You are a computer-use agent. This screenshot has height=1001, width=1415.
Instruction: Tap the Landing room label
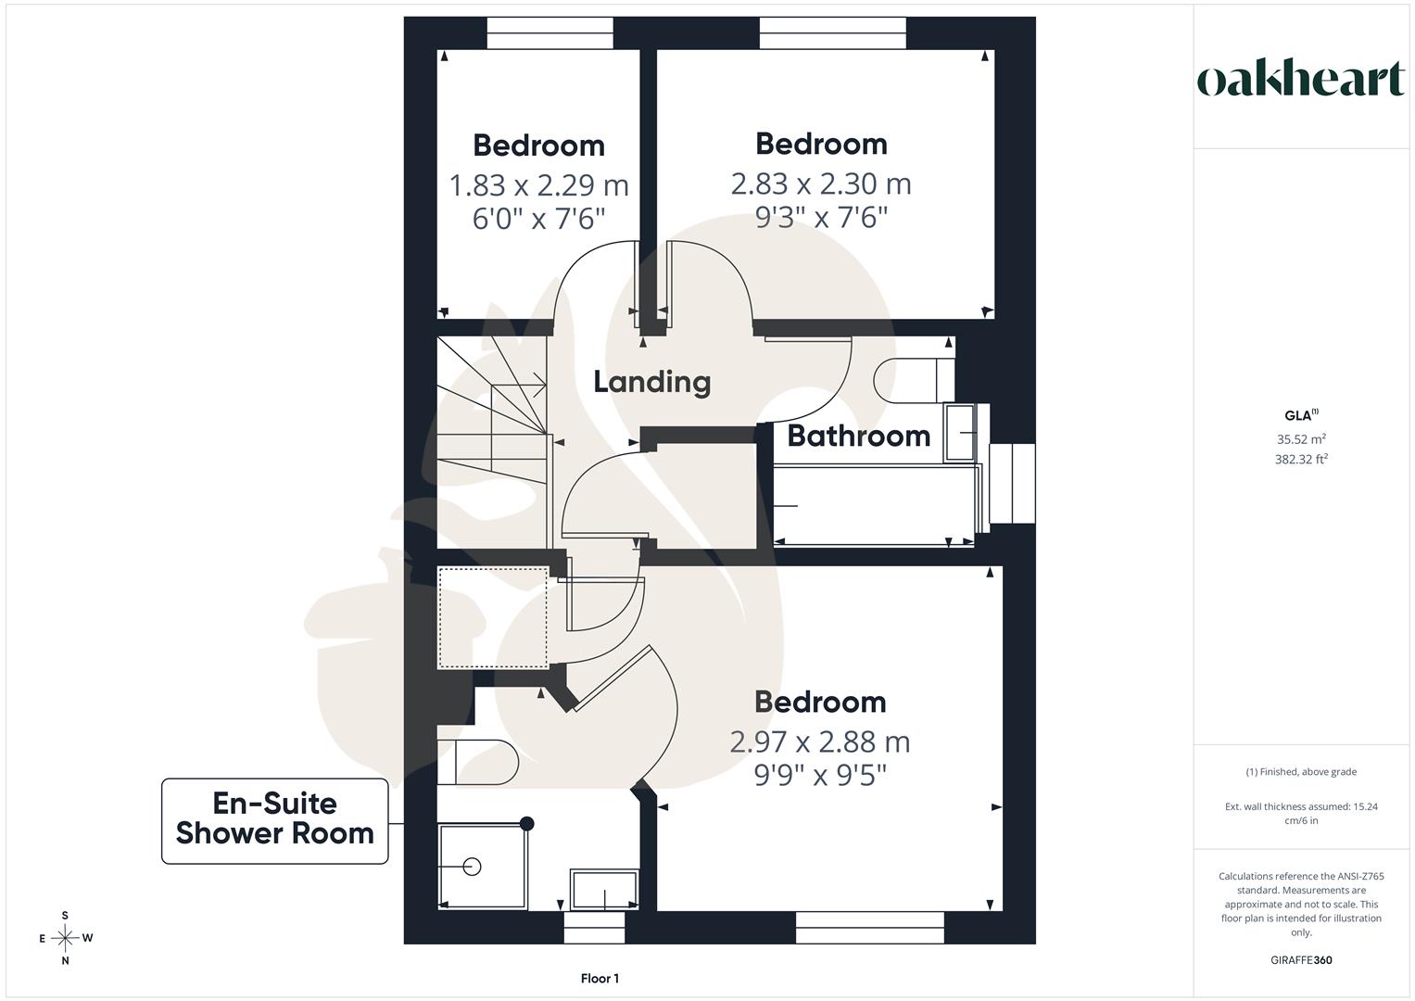point(652,382)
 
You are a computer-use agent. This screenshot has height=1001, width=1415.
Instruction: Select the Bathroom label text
point(858,436)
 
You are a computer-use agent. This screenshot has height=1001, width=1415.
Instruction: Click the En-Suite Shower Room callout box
point(275,820)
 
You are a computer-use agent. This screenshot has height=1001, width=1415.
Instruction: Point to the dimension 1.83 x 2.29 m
point(538,185)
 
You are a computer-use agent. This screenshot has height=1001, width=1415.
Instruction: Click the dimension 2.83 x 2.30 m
point(821,184)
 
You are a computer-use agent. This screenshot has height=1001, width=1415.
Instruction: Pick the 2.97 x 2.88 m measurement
point(820,741)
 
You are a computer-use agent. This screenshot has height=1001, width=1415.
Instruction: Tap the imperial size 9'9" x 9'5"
point(820,775)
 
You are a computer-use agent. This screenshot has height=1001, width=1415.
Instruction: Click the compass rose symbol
point(65,938)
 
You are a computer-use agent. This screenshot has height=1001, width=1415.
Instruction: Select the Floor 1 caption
point(600,978)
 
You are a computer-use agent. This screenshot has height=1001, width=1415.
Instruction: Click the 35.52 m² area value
point(1301,439)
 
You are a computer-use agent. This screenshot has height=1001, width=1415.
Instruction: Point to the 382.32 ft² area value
point(1301,460)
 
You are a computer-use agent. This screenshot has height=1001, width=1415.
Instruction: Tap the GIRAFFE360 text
point(1301,960)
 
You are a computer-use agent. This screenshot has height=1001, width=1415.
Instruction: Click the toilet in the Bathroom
point(914,381)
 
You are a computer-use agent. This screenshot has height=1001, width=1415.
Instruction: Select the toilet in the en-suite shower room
point(477,762)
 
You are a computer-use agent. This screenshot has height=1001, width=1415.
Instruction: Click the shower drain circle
point(472,867)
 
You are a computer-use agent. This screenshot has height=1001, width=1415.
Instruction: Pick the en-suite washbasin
point(604,889)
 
